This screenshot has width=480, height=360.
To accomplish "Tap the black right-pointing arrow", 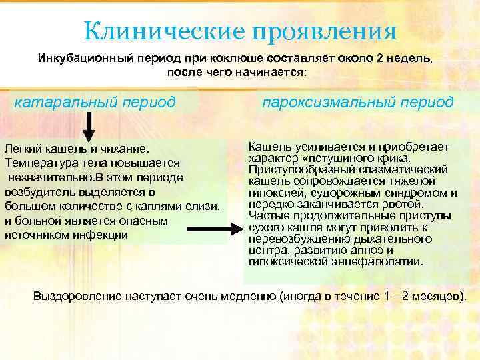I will pos(229,229).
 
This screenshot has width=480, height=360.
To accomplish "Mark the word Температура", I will pos(39,162).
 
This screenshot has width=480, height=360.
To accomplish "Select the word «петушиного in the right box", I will pos(331,158).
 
